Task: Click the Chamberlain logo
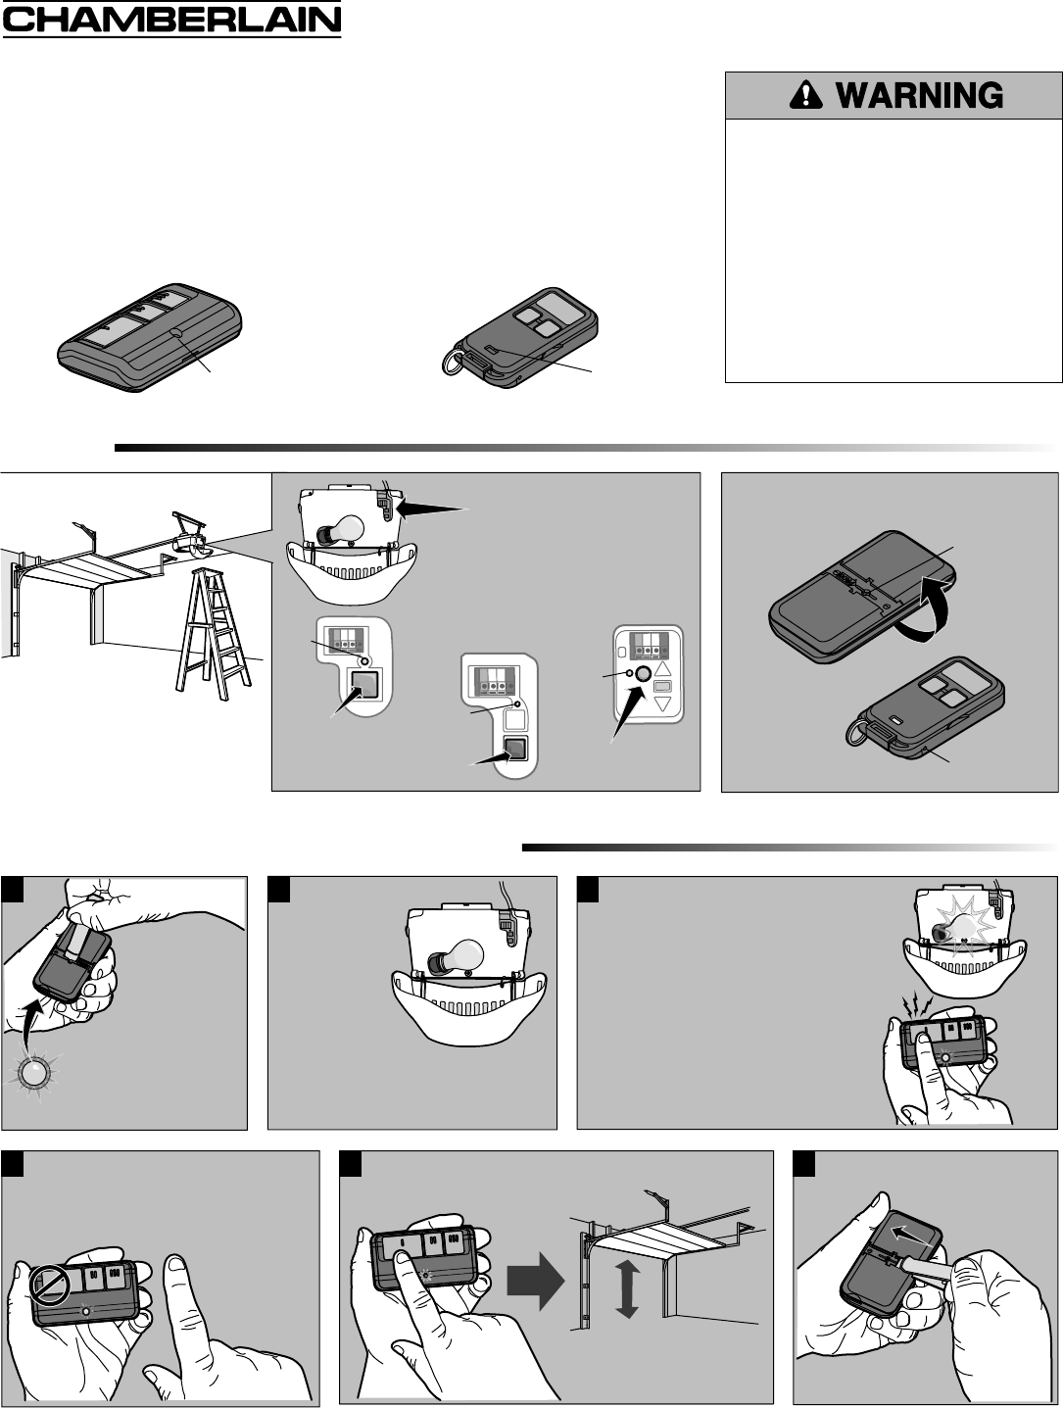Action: click(x=171, y=20)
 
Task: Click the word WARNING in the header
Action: click(x=919, y=96)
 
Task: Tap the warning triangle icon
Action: click(x=806, y=95)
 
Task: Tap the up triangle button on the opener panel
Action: click(x=662, y=669)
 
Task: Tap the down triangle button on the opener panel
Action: click(x=662, y=704)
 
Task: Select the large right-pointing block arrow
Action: click(x=535, y=1281)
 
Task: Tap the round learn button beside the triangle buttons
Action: click(x=645, y=672)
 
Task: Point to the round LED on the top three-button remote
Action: click(x=175, y=333)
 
